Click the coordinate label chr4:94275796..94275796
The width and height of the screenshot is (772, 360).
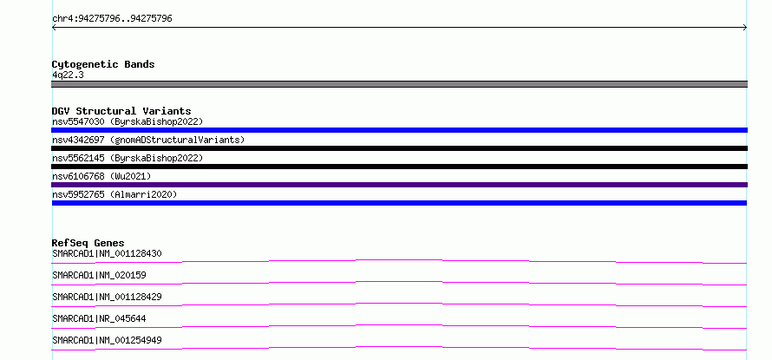(x=112, y=19)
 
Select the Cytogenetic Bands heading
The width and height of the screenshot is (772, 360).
(x=103, y=64)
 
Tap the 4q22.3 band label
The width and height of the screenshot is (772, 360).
(x=68, y=75)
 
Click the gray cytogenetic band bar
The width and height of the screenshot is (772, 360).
(x=399, y=84)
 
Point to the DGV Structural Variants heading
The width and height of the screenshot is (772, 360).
(x=121, y=111)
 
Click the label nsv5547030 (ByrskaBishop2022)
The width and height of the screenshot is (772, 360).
(x=128, y=121)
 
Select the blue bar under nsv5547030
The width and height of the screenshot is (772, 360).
(x=399, y=130)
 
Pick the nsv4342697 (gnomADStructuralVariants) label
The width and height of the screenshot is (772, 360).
(x=148, y=140)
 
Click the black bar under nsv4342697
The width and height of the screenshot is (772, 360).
(x=399, y=148)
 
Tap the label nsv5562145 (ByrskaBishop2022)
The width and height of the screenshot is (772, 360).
(x=128, y=158)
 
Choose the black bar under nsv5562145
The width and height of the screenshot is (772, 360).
(x=399, y=167)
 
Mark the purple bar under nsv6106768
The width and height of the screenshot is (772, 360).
(x=399, y=185)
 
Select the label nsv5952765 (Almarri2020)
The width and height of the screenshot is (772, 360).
(x=114, y=194)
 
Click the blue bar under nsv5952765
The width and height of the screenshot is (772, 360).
(x=399, y=203)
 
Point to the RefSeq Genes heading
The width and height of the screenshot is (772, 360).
(x=88, y=243)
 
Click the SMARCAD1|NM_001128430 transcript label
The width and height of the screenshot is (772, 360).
(x=107, y=254)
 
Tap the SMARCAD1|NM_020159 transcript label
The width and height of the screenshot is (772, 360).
(x=99, y=275)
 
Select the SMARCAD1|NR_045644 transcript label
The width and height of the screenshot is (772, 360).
(x=99, y=318)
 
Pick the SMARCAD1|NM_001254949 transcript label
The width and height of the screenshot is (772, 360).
(x=107, y=340)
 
